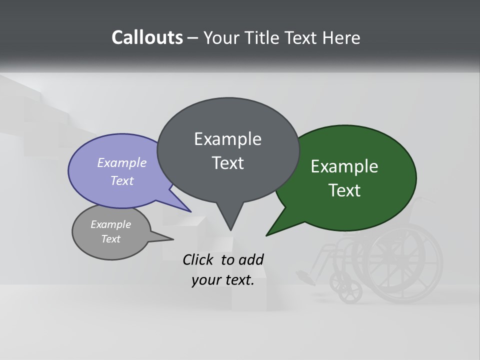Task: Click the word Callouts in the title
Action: click(x=147, y=37)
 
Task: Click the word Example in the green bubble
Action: click(x=344, y=166)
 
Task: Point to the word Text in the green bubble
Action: click(x=344, y=190)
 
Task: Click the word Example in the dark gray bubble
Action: click(x=227, y=139)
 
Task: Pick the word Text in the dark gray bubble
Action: click(x=227, y=163)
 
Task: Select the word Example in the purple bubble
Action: click(x=121, y=162)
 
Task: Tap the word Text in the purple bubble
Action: click(x=121, y=180)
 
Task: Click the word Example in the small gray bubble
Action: click(x=110, y=224)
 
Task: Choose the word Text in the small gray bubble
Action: click(x=110, y=239)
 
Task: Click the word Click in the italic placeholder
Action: click(x=198, y=259)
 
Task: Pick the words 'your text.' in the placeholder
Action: click(x=223, y=280)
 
